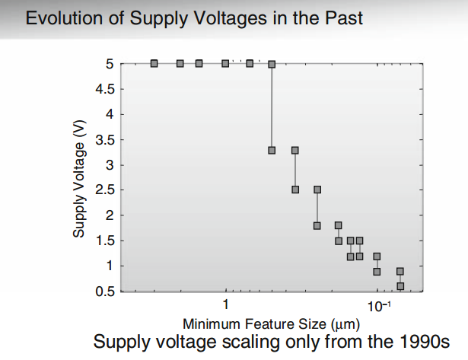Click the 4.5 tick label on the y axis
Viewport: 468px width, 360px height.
point(105,89)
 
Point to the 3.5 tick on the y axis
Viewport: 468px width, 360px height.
point(105,140)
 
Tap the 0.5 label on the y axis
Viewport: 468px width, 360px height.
point(105,292)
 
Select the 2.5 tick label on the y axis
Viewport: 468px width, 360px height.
point(105,190)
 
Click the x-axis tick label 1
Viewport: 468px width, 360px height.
point(226,306)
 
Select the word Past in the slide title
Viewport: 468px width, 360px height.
point(342,18)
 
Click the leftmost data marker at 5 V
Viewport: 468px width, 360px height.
point(154,63)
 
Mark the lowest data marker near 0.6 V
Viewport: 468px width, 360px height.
point(400,286)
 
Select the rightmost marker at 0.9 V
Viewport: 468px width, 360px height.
point(400,271)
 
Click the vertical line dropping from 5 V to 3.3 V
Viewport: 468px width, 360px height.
point(272,107)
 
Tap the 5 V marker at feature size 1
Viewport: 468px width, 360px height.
point(225,63)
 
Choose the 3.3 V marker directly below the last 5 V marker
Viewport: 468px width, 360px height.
point(272,150)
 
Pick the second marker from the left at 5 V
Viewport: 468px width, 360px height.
point(180,63)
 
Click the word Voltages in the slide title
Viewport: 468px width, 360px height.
point(204,18)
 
